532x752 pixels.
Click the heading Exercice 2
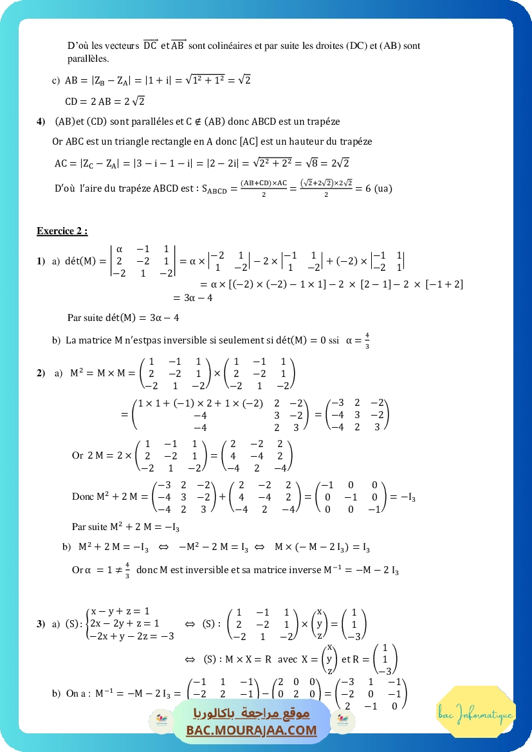(62, 231)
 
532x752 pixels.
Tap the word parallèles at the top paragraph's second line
(88, 58)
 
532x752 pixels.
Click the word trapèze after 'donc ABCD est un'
(324, 121)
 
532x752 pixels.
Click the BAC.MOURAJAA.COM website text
(252, 730)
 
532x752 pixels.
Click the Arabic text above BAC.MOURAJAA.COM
(252, 713)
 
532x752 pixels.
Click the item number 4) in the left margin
(41, 121)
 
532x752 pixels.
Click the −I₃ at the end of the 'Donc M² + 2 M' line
(405, 497)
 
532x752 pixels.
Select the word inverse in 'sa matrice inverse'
(332, 570)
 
